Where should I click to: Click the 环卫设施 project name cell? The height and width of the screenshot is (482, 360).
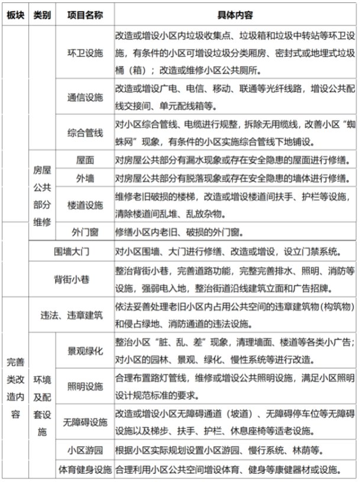click(x=85, y=53)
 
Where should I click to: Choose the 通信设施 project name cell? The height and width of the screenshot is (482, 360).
click(x=85, y=97)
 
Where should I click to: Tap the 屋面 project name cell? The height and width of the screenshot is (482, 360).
click(x=85, y=160)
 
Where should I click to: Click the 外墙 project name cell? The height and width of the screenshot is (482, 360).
click(x=85, y=178)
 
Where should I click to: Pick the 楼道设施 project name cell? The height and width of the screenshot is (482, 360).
click(x=85, y=203)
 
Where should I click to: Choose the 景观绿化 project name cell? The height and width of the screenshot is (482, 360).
click(x=85, y=350)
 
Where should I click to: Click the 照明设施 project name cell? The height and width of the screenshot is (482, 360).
click(x=85, y=386)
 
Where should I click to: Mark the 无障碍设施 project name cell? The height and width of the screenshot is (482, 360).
click(x=85, y=422)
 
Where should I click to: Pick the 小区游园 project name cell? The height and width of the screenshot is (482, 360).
click(x=85, y=451)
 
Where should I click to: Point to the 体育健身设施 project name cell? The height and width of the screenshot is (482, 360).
click(x=85, y=470)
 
